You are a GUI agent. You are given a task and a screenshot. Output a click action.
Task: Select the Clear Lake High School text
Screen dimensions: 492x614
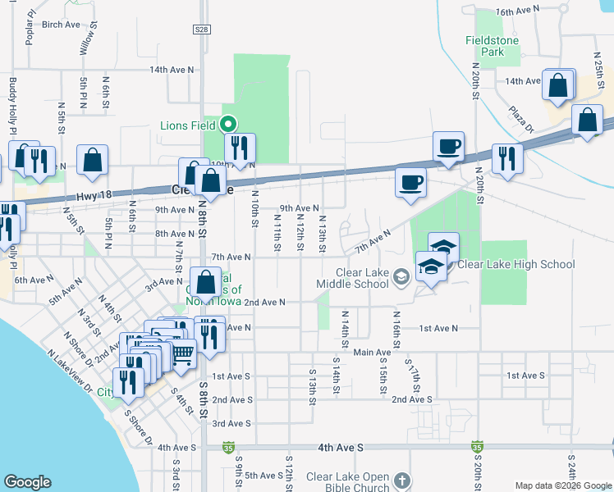pyautogui.click(x=515, y=264)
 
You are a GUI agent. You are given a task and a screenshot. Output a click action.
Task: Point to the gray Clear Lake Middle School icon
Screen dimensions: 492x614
pyautogui.click(x=401, y=276)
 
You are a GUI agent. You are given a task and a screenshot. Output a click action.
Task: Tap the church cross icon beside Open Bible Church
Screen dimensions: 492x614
pyautogui.click(x=401, y=479)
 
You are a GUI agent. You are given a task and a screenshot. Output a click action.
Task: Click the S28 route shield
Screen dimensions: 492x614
pyautogui.click(x=202, y=30)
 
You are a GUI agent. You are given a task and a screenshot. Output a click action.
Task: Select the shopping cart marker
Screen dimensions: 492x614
pyautogui.click(x=183, y=353)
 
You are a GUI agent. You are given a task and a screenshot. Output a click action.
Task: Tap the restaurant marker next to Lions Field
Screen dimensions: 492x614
pyautogui.click(x=240, y=148)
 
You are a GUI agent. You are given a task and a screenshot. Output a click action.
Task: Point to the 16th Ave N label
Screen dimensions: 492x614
pyautogui.click(x=519, y=11)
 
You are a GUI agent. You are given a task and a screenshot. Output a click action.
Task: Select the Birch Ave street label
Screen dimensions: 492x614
pyautogui.click(x=60, y=25)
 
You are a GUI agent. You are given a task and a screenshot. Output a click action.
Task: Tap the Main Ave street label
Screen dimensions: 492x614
pyautogui.click(x=372, y=353)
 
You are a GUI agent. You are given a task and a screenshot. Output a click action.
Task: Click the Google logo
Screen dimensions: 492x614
pyautogui.click(x=27, y=482)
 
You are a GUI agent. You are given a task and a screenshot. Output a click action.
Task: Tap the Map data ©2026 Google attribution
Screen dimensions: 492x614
pyautogui.click(x=561, y=485)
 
